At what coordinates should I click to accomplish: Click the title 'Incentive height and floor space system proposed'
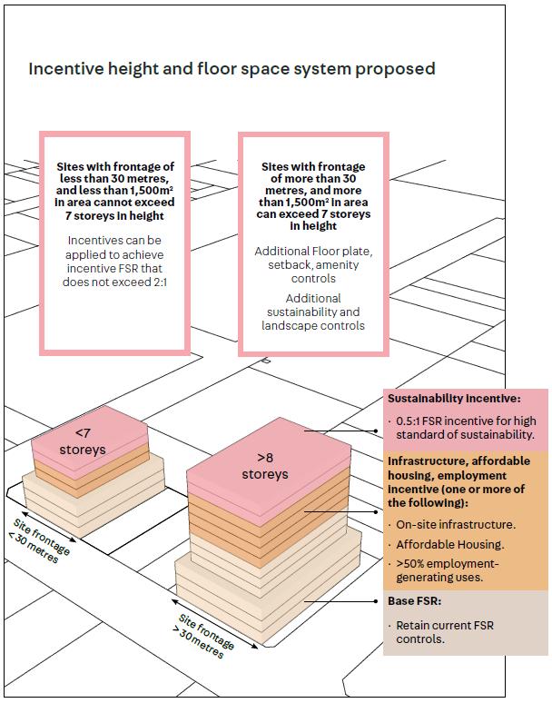click(232, 69)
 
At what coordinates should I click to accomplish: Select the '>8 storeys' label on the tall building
click(264, 467)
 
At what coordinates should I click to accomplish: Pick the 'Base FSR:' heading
click(416, 601)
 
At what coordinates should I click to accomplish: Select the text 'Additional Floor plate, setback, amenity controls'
click(313, 263)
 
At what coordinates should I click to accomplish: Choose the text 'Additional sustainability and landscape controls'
click(313, 312)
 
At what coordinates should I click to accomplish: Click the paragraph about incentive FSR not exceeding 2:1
click(115, 262)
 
